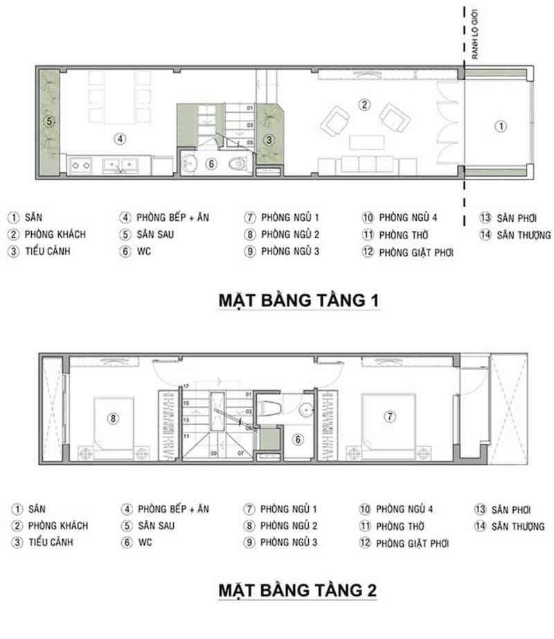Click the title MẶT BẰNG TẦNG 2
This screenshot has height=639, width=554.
click(298, 590)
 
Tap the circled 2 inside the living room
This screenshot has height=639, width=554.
click(362, 105)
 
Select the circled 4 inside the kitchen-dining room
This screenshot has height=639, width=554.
click(120, 139)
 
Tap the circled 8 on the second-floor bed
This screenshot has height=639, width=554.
click(114, 417)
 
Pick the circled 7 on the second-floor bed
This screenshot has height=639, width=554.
click(390, 417)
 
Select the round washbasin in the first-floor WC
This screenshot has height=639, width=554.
click(191, 165)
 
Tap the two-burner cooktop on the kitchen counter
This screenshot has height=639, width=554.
click(84, 166)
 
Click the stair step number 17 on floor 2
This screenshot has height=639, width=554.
click(185, 386)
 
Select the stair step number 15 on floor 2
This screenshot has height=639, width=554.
click(185, 403)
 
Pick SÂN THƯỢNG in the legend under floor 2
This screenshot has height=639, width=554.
click(521, 526)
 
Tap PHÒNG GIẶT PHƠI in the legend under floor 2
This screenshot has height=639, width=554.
click(413, 544)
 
